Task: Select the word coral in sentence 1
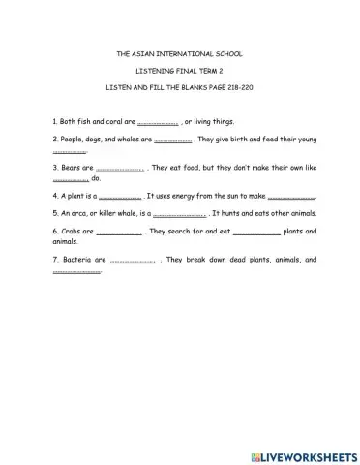tap(112, 123)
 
